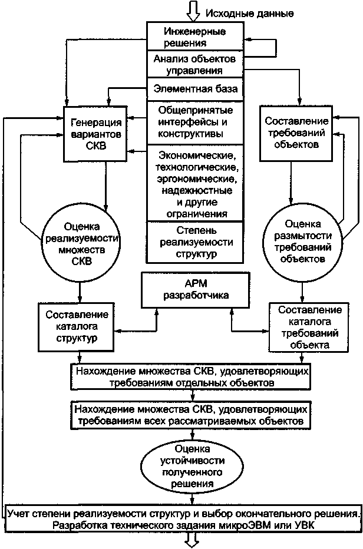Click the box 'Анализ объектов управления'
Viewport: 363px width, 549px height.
194,65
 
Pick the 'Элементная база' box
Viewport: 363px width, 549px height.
194,90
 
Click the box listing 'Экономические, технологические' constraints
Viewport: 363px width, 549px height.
194,184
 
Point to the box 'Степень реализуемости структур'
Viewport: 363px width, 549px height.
194,242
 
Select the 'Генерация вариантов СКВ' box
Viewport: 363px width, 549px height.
95,134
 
